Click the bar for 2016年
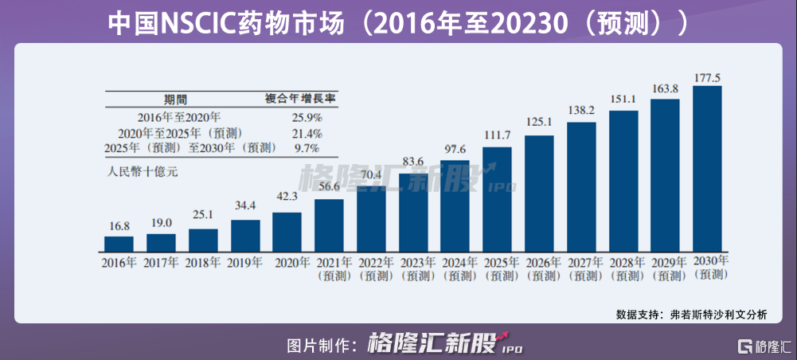coord(119,243)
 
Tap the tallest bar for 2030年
coord(707,167)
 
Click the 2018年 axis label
coord(203,262)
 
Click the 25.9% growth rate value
coord(307,117)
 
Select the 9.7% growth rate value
coord(307,148)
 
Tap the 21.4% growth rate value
coord(307,133)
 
